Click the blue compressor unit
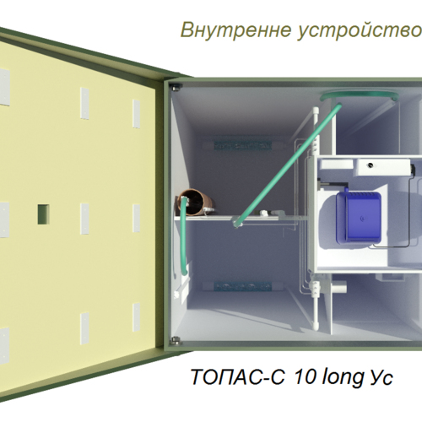click(359, 217)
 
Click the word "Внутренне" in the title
click(235, 30)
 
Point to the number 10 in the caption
click(305, 376)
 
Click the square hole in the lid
click(44, 214)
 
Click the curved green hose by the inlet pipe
click(184, 236)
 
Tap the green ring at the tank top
click(360, 96)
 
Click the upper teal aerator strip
click(243, 145)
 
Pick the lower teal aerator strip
click(243, 286)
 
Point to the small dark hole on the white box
click(371, 165)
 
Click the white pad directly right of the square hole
click(84, 219)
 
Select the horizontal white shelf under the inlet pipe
click(226, 218)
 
